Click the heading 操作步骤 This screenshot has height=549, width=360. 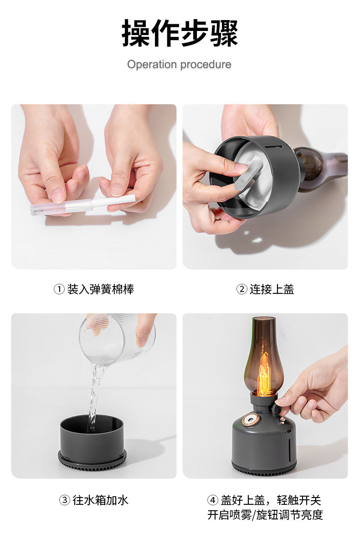[x=180, y=33]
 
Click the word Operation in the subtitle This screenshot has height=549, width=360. [x=152, y=64]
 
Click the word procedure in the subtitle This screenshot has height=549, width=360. [x=206, y=64]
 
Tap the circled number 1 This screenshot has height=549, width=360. [x=59, y=289]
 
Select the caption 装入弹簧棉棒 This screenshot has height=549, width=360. [x=100, y=289]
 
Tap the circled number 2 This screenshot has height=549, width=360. [x=242, y=289]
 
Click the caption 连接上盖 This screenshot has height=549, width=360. [x=272, y=289]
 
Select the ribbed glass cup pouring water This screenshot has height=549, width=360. [x=118, y=339]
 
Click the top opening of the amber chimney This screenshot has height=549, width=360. [x=264, y=319]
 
